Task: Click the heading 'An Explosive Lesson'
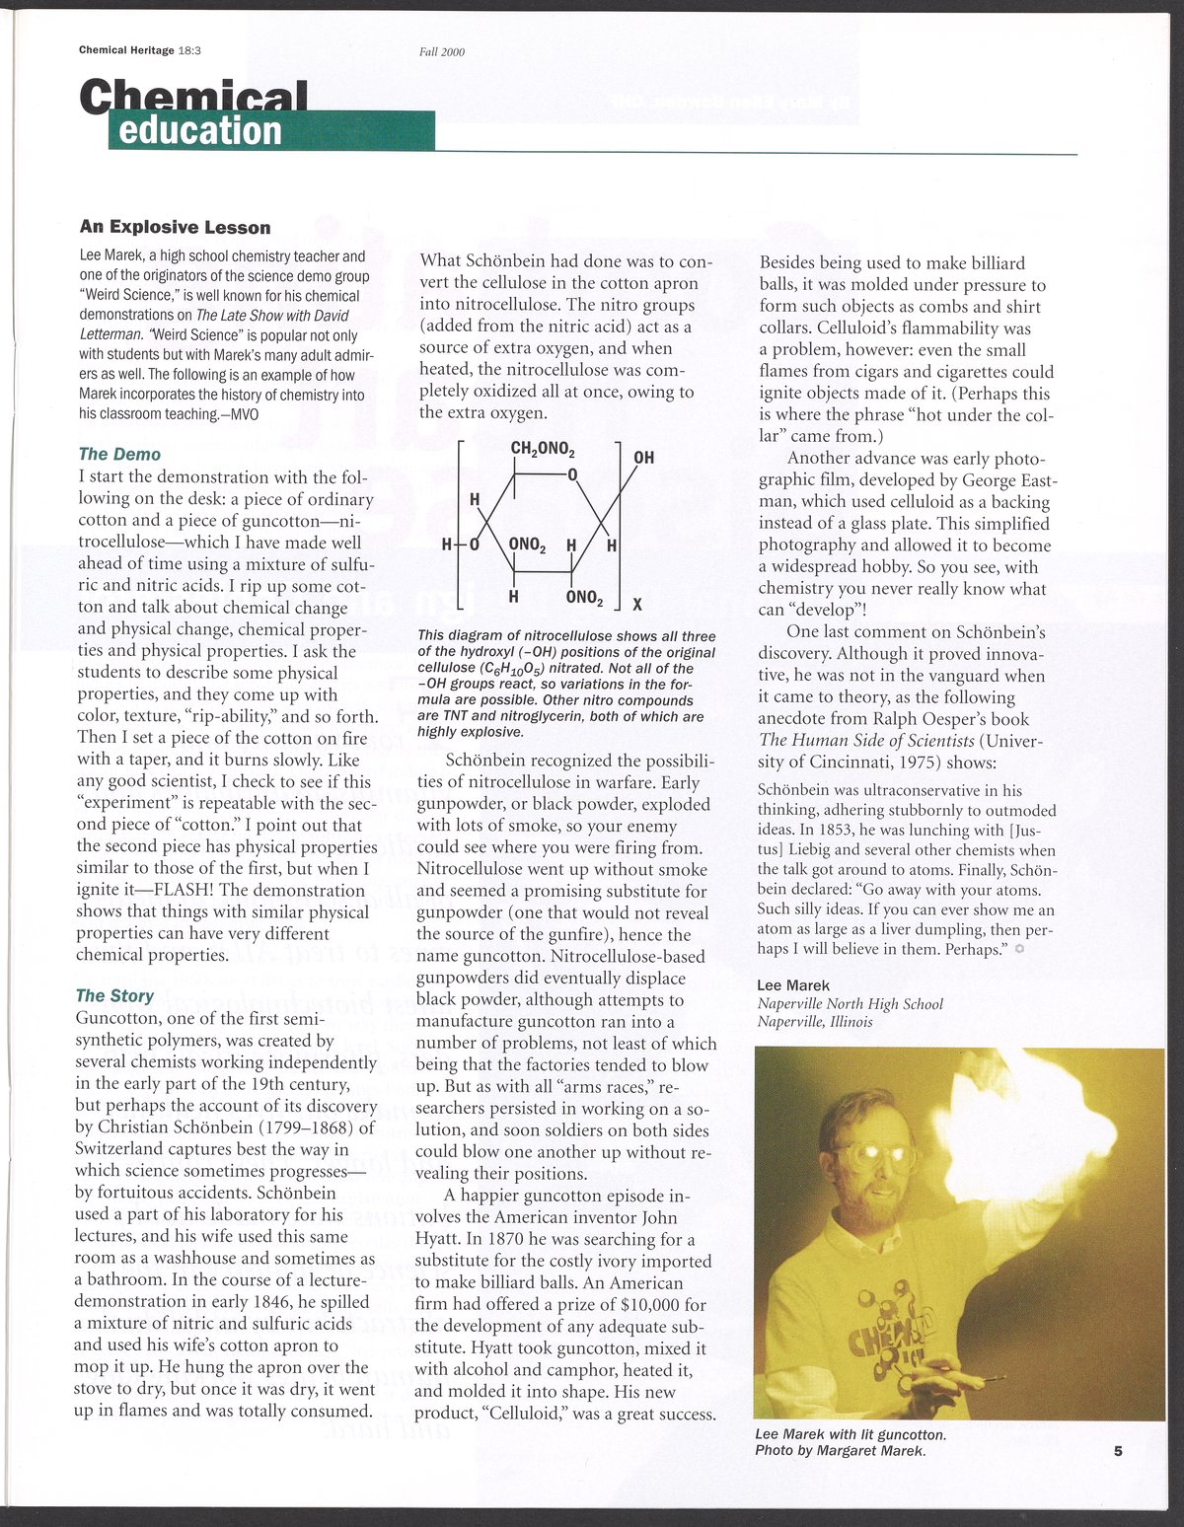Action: click(x=175, y=228)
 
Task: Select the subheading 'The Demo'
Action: click(x=119, y=454)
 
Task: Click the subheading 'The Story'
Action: click(x=115, y=995)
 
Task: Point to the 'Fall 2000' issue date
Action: click(x=442, y=52)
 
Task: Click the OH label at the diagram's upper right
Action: click(x=643, y=458)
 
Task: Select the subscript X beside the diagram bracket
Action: click(x=637, y=605)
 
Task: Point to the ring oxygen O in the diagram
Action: click(x=571, y=476)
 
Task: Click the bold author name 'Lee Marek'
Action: click(x=793, y=984)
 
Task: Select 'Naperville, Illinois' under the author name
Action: click(x=814, y=1022)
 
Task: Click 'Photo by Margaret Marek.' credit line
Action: click(x=840, y=1451)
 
